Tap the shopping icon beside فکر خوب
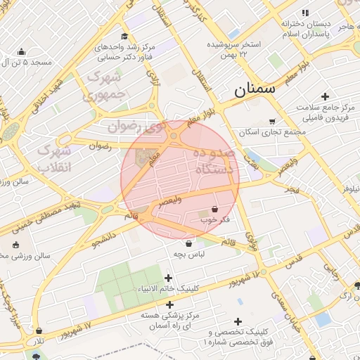[x=214, y=209]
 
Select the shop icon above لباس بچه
[x=188, y=243]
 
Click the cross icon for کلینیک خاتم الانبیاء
[x=168, y=278]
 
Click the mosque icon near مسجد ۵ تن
[x=21, y=51]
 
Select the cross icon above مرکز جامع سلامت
[x=325, y=96]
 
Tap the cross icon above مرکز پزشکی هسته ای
[x=169, y=304]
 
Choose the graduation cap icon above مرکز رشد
[x=124, y=37]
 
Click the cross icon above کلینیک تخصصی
[x=240, y=321]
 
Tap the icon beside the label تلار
[x=38, y=330]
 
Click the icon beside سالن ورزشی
[x=15, y=245]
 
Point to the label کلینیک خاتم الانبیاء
[x=168, y=289]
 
